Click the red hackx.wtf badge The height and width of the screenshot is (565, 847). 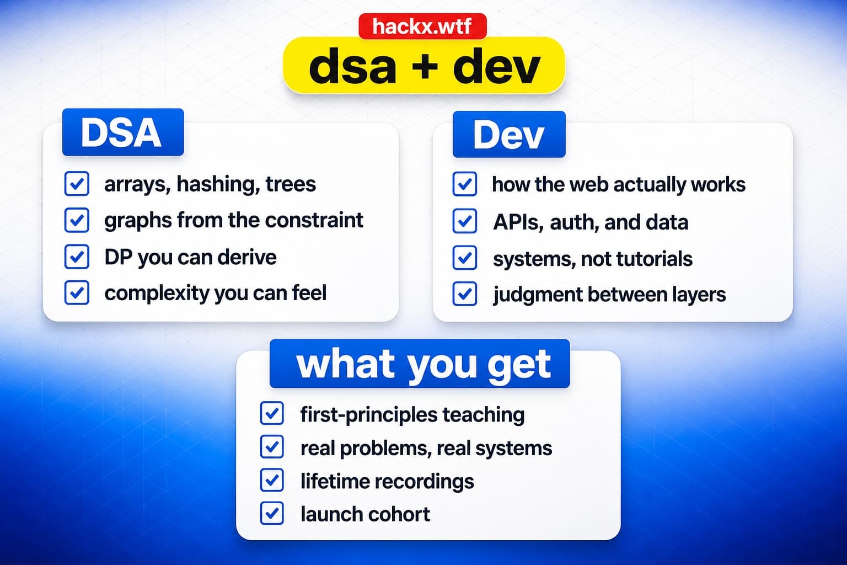pos(422,26)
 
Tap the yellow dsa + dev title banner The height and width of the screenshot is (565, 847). pos(424,66)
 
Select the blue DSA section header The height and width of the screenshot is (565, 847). pos(123,132)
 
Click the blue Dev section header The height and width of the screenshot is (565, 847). pos(509,134)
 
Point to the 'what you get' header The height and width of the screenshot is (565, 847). pos(420,364)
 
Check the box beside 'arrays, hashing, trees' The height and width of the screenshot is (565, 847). pos(77,184)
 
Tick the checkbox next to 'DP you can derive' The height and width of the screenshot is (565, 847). pos(77,257)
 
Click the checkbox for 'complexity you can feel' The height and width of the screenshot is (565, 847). pos(77,292)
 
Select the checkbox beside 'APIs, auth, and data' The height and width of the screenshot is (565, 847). pos(465,221)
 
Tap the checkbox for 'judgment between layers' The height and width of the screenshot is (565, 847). pos(465,294)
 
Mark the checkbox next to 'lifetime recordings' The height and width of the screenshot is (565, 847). pos(272,480)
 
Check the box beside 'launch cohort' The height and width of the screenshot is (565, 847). pos(272,513)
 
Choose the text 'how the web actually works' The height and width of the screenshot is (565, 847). pos(619,185)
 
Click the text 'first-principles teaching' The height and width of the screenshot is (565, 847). pos(412,415)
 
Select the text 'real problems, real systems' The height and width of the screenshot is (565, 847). pos(426,449)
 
